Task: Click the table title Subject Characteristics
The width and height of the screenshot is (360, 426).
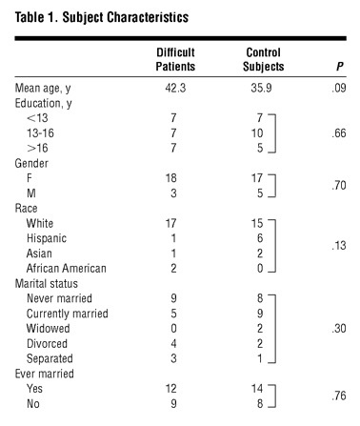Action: point(126,17)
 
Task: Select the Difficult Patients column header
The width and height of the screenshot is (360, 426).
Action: point(175,59)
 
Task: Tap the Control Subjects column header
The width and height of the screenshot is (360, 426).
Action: point(264,59)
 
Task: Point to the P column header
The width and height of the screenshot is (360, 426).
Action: point(340,67)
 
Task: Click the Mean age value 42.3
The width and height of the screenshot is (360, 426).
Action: point(175,88)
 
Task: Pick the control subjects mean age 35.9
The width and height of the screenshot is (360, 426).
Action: point(261,88)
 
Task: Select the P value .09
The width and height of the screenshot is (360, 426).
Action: point(339,88)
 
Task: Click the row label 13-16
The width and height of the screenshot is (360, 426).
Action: point(40,133)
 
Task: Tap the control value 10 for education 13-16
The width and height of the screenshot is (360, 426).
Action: point(257,133)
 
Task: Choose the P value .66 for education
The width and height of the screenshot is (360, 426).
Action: point(339,133)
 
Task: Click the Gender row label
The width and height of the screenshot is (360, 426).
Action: point(31,163)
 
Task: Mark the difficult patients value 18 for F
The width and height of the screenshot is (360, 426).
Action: point(170,178)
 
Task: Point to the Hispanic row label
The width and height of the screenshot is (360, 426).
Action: point(47,238)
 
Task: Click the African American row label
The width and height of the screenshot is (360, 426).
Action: point(67,269)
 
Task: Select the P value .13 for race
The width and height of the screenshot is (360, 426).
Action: point(339,246)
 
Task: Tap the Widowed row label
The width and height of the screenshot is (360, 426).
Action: point(49,329)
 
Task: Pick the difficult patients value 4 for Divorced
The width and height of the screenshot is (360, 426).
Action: point(173,344)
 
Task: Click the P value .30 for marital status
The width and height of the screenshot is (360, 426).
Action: point(339,329)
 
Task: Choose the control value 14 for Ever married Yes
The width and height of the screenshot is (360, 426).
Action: point(257,389)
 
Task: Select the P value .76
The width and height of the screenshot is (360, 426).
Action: point(339,396)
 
